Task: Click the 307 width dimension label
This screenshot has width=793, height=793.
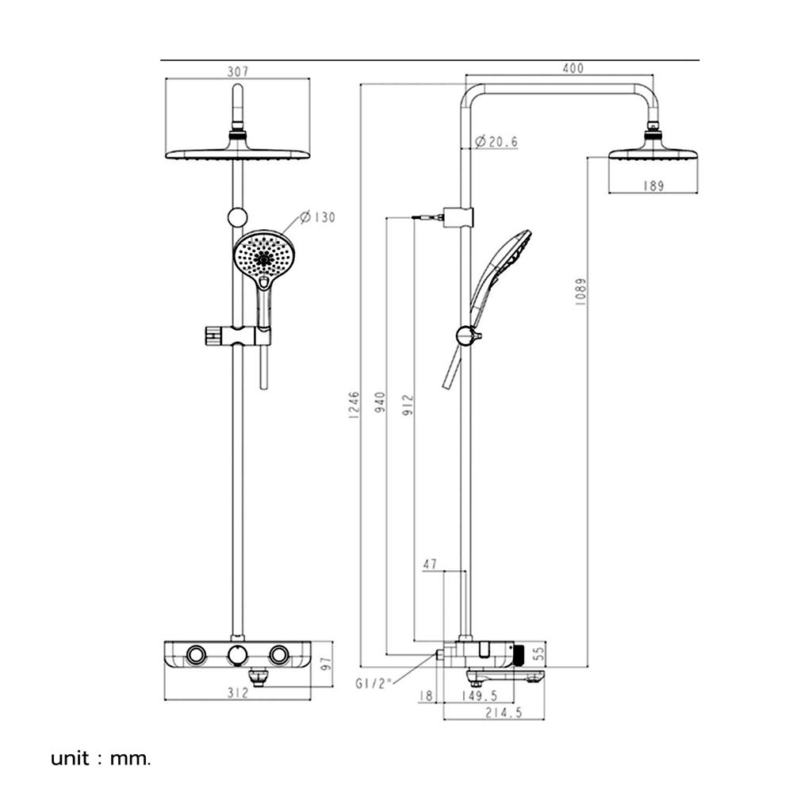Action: tap(238, 71)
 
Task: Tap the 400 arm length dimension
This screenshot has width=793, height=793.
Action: tap(573, 69)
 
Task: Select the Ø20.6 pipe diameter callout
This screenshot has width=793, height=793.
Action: tap(496, 142)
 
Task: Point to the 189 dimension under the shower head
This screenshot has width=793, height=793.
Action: tap(653, 186)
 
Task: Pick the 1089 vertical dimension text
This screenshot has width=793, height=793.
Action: tap(580, 293)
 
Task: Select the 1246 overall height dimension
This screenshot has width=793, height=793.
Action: tap(354, 406)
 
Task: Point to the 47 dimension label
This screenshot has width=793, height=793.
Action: tap(430, 565)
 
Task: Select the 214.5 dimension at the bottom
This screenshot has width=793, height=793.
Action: tap(504, 713)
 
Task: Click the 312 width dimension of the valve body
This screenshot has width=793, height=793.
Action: tap(237, 693)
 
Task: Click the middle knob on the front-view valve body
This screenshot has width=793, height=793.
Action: tap(236, 655)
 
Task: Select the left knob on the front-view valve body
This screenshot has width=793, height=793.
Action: tap(195, 655)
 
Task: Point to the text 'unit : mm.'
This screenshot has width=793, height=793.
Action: tap(100, 758)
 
